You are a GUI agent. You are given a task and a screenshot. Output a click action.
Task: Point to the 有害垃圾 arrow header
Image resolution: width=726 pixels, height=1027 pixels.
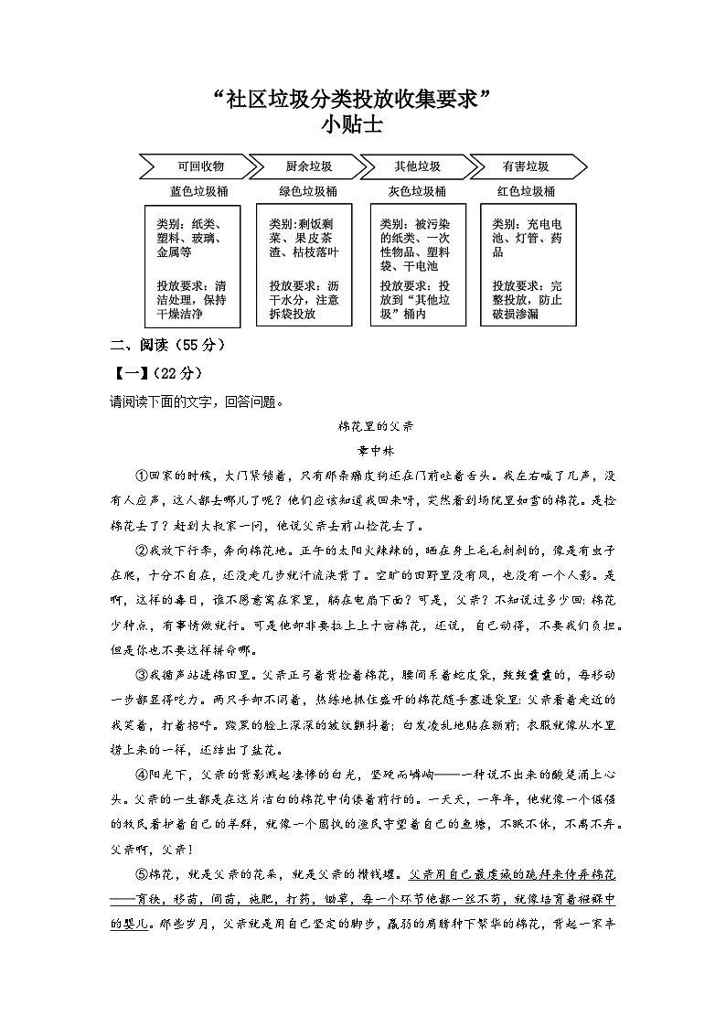(526, 167)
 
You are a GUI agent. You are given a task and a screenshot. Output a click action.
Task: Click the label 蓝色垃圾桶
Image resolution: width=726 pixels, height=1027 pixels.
(199, 192)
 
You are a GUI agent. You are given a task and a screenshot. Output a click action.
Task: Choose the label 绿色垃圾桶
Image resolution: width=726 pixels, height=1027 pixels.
(308, 192)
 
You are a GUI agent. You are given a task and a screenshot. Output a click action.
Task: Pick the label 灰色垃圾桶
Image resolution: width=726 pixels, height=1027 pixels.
(417, 192)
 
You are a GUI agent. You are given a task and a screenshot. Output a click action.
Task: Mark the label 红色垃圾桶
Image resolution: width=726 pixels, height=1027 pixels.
(526, 192)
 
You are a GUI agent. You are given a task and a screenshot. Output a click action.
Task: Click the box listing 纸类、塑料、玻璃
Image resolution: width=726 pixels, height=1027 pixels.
(196, 265)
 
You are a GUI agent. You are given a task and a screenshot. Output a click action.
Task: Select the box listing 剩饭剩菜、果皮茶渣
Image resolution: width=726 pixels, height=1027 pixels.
(304, 265)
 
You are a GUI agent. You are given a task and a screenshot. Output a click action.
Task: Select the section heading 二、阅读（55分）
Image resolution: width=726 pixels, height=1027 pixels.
(166, 347)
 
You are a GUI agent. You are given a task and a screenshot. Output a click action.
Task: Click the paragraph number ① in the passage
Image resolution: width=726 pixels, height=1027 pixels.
(142, 476)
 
